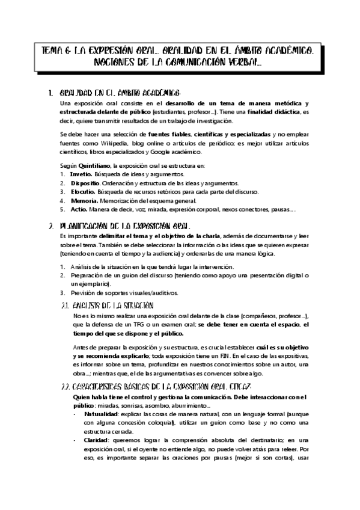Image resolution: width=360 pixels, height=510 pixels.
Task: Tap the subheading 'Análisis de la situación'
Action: [115, 306]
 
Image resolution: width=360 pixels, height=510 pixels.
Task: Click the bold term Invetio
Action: [81, 174]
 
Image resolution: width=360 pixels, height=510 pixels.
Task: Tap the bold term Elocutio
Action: [82, 192]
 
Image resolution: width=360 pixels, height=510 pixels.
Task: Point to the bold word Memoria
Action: [83, 200]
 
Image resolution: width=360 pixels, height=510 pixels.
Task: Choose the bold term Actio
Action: [79, 209]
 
